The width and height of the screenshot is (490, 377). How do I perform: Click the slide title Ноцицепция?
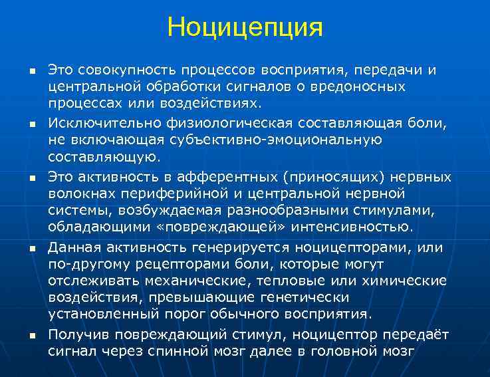click(x=245, y=27)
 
